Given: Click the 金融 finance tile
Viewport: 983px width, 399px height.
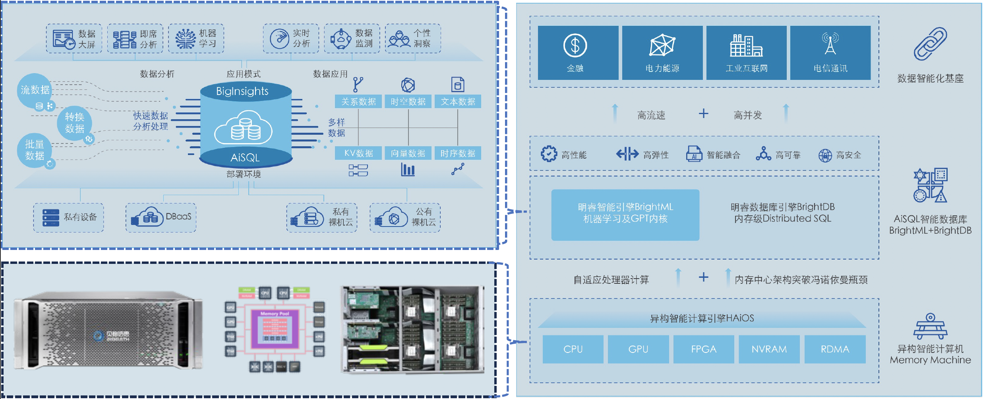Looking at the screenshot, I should [578, 53].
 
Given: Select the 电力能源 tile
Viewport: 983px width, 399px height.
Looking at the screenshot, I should [662, 53].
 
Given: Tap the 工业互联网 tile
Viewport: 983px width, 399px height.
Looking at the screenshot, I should [746, 53].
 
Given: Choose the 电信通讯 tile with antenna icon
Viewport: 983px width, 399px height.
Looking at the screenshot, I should [830, 53].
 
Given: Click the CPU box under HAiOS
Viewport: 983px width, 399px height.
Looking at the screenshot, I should [573, 349].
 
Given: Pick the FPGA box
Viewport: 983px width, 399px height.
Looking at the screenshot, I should [703, 349].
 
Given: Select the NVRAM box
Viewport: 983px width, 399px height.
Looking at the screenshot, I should [769, 349].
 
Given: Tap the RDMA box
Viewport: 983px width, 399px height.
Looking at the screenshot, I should [835, 349].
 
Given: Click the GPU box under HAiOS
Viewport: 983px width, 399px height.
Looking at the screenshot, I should [638, 349].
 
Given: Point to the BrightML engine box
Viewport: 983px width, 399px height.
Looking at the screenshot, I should [625, 215].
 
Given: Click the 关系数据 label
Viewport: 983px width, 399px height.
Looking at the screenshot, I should [358, 102].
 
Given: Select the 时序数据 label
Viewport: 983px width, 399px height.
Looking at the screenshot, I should [458, 153].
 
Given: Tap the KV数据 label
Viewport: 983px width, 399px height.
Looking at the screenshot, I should [358, 153].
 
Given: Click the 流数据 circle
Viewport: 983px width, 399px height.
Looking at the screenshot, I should [35, 90].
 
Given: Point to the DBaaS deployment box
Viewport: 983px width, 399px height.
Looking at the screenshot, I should [161, 217].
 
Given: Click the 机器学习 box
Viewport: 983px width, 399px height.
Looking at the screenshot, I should [196, 39].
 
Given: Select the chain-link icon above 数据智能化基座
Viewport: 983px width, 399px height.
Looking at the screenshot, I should [930, 44].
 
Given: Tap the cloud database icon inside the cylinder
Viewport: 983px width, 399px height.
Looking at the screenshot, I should [243, 128].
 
